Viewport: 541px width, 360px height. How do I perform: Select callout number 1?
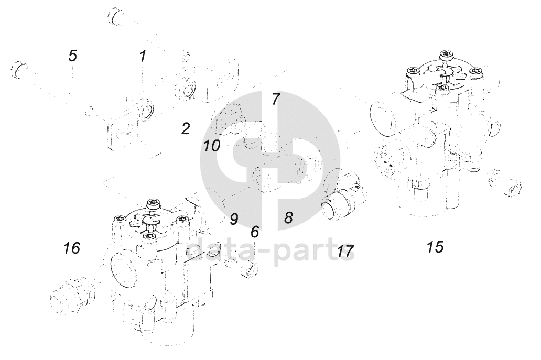[142, 57]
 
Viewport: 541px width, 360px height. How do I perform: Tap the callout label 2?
[186, 128]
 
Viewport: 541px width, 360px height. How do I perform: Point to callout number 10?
[212, 146]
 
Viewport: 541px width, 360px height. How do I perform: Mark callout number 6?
[255, 231]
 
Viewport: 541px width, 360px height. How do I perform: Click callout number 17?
[344, 251]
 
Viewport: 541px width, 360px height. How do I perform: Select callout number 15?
[435, 246]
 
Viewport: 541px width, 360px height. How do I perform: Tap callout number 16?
[72, 247]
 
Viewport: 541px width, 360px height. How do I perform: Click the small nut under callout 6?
[247, 269]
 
